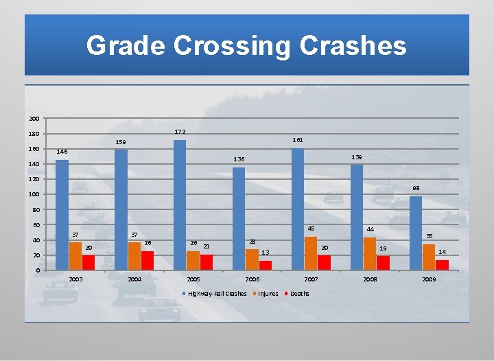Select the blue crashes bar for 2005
click(x=180, y=205)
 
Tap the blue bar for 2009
click(x=415, y=233)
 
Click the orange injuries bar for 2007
click(x=311, y=253)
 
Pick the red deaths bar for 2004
click(x=148, y=260)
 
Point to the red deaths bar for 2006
click(x=266, y=265)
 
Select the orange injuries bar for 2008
click(x=370, y=253)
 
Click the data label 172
click(x=180, y=131)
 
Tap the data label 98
click(x=416, y=188)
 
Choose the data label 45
click(x=311, y=229)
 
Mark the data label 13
click(x=266, y=253)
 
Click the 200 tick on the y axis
click(x=34, y=119)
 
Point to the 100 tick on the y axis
click(x=34, y=195)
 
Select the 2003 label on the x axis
click(x=75, y=280)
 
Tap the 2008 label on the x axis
click(x=370, y=280)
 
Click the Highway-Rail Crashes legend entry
click(x=217, y=294)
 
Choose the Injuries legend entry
click(x=268, y=294)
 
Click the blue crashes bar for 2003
click(x=62, y=215)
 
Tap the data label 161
click(x=298, y=140)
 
